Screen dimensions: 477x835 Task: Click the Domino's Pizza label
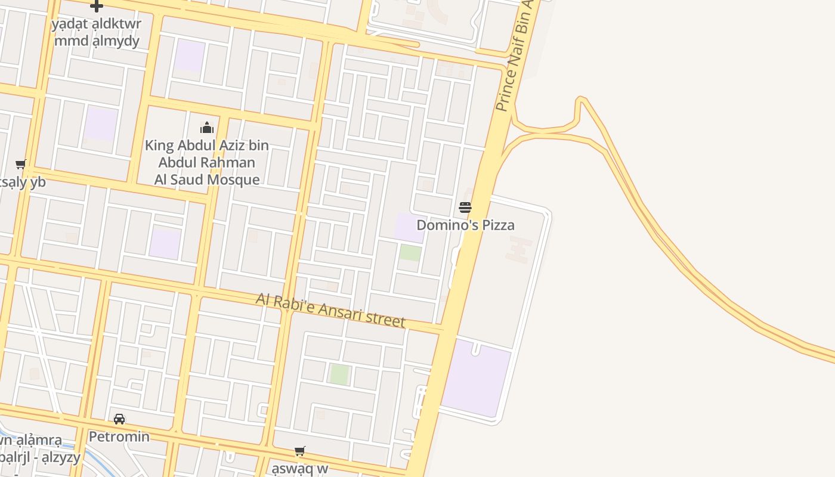[465, 225]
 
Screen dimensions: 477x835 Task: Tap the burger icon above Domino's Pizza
[465, 207]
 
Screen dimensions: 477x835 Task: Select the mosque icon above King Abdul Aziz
[207, 128]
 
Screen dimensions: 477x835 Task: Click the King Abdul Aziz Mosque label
[207, 162]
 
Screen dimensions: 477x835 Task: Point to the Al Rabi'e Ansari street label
[330, 310]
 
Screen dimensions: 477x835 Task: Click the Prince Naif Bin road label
[514, 57]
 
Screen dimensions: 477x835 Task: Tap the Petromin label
[119, 436]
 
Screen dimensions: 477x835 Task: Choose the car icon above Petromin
[119, 419]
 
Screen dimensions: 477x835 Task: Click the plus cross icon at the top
[96, 6]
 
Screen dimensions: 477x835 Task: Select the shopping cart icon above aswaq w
[300, 451]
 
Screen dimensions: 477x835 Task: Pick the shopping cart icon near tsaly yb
[21, 165]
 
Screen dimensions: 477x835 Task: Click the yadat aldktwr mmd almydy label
[96, 33]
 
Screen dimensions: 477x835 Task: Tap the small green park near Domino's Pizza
[410, 253]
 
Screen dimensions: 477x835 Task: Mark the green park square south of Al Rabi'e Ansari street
[339, 374]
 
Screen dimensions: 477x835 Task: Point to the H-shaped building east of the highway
[519, 249]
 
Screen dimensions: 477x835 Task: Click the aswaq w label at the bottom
[300, 468]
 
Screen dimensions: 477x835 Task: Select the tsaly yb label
[23, 182]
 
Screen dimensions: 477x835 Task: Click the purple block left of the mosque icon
[100, 124]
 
